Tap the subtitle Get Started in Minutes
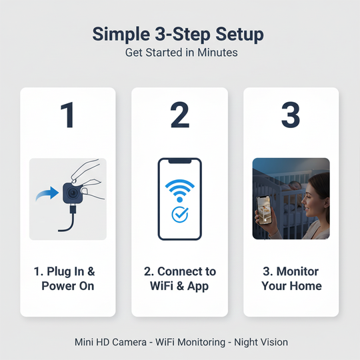180,52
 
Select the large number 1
68,115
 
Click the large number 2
179,115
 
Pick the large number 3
291,115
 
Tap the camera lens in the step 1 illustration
71,194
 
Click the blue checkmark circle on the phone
179,214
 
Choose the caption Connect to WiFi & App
179,279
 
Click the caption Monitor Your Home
291,279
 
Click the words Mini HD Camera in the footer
111,342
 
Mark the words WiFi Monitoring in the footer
189,342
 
